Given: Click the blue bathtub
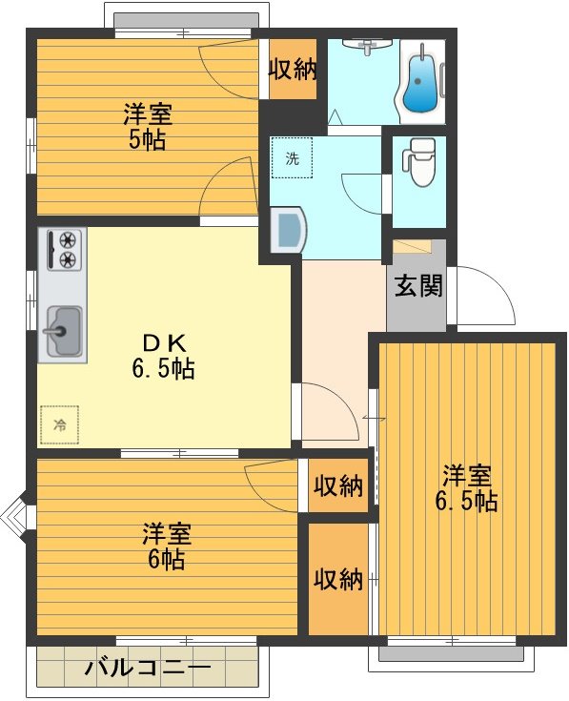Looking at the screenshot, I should (x=420, y=83).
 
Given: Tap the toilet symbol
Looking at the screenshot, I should (x=419, y=163).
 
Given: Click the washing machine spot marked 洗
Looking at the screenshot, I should (x=292, y=158).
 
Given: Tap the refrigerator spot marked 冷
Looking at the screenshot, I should (x=60, y=424).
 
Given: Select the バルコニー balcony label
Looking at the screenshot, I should (x=147, y=668).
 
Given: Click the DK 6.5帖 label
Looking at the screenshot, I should (x=163, y=357).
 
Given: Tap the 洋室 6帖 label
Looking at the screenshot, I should (x=164, y=545).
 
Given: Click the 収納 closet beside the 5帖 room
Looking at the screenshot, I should (x=292, y=70).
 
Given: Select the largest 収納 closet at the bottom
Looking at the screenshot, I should (x=338, y=579).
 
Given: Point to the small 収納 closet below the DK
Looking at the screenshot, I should (x=338, y=486).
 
